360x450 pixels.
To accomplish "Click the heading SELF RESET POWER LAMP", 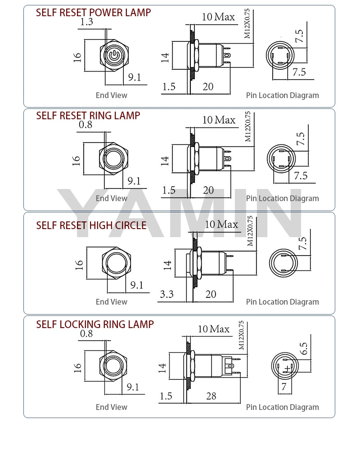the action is point(93,13).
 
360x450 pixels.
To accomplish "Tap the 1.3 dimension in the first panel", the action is point(86,22).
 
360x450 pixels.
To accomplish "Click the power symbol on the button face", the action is point(114,55).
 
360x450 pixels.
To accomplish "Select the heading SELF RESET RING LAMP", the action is point(88,116).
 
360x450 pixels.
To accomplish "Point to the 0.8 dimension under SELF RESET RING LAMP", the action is point(85,125).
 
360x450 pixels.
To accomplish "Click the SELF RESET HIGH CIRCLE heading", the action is point(91,225).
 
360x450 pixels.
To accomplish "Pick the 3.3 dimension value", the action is point(167,294).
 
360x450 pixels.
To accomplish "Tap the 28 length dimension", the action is point(211,396).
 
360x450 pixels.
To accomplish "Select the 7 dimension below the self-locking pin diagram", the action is point(284,387).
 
